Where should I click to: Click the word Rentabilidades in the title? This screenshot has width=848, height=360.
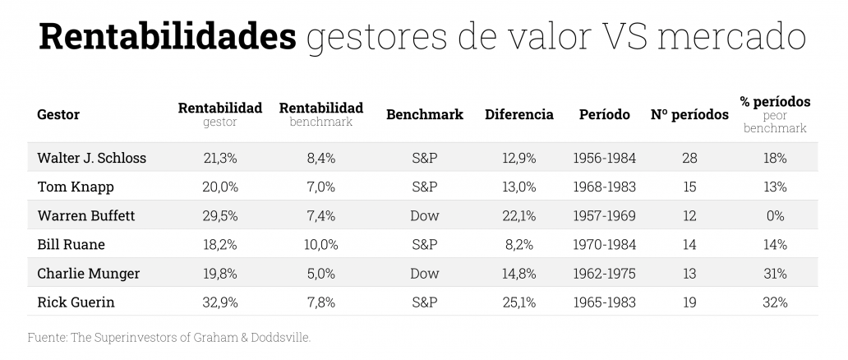click(168, 38)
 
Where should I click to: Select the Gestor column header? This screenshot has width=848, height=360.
click(58, 115)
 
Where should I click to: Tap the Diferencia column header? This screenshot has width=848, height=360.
click(518, 115)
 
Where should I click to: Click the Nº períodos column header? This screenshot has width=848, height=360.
click(689, 115)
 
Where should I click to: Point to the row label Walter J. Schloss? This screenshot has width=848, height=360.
click(91, 158)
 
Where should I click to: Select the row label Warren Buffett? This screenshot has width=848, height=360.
click(85, 215)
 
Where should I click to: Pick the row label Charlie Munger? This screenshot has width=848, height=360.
click(88, 273)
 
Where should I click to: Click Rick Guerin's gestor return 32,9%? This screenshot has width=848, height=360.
click(219, 302)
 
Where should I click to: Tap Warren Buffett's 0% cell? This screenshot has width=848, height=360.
click(774, 215)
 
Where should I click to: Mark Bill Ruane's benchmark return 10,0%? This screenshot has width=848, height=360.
click(320, 244)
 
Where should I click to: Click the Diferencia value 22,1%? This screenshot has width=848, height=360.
click(518, 215)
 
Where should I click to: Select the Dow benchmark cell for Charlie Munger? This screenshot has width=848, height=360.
click(424, 273)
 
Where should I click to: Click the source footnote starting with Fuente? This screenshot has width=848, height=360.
click(169, 336)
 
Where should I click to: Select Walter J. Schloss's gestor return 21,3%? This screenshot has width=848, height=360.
click(219, 158)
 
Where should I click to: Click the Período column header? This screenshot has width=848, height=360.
click(604, 115)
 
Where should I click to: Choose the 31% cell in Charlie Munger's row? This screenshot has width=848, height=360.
click(774, 273)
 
